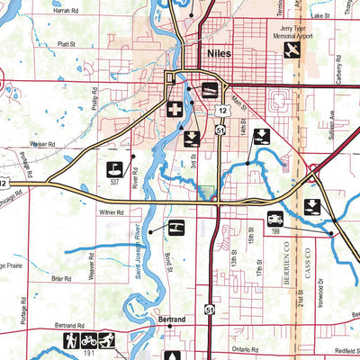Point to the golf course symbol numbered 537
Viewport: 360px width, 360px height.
pyautogui.click(x=115, y=168)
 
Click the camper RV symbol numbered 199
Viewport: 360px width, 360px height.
pyautogui.click(x=274, y=219)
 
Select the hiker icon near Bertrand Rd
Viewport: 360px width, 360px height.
pyautogui.click(x=72, y=341)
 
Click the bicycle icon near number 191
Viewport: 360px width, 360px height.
pyautogui.click(x=89, y=341)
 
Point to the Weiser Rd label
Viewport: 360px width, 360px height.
pyautogui.click(x=43, y=143)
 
